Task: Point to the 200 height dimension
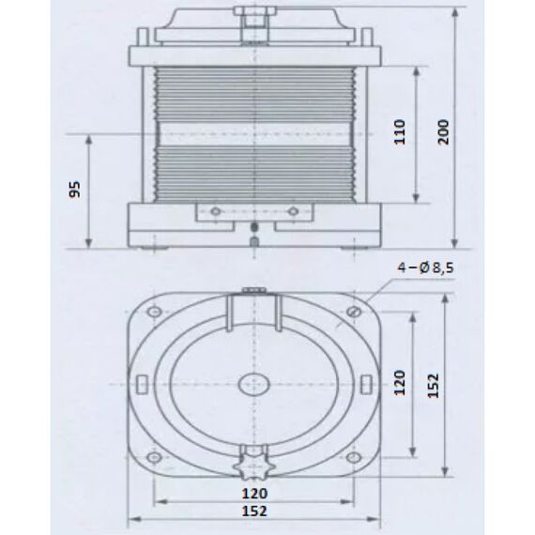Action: (x=441, y=133)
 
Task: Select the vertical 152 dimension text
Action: (x=432, y=383)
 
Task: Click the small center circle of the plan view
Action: (x=252, y=384)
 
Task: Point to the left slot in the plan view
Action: (x=143, y=384)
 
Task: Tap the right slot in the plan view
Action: (x=364, y=384)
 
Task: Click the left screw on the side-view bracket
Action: (x=215, y=211)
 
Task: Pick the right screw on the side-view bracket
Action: (x=292, y=211)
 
